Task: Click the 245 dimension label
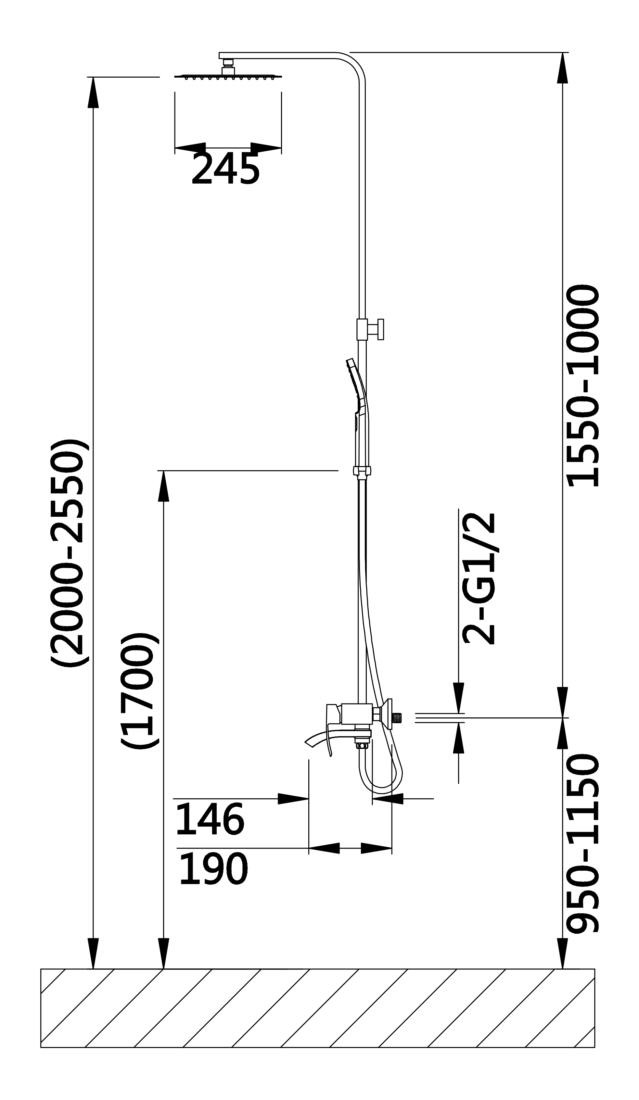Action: (x=225, y=169)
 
